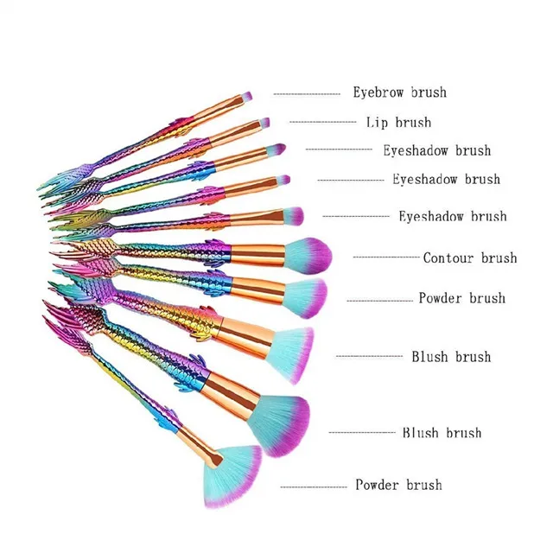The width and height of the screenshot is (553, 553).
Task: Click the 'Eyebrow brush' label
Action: tap(400, 92)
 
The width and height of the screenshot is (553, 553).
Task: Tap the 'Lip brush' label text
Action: tap(398, 123)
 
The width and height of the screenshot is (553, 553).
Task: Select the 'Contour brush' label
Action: tap(470, 257)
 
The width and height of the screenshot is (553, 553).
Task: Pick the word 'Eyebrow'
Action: tap(378, 92)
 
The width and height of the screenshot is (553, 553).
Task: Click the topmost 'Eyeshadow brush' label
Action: tap(437, 150)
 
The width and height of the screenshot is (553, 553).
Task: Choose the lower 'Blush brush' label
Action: tap(442, 432)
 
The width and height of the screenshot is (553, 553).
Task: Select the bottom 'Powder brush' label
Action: tap(398, 485)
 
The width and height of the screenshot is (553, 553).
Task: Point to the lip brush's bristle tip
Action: tap(264, 123)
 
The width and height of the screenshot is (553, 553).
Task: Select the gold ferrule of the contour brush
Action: tap(257, 256)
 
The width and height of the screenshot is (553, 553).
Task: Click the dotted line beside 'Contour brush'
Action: tap(386, 257)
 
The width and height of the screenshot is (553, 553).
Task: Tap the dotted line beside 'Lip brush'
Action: tap(322, 123)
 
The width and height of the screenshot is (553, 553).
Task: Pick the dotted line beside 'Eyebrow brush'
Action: tap(307, 94)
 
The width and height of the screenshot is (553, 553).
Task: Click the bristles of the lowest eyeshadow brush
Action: tap(293, 215)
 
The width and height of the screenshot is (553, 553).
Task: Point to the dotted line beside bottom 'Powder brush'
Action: tap(314, 487)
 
